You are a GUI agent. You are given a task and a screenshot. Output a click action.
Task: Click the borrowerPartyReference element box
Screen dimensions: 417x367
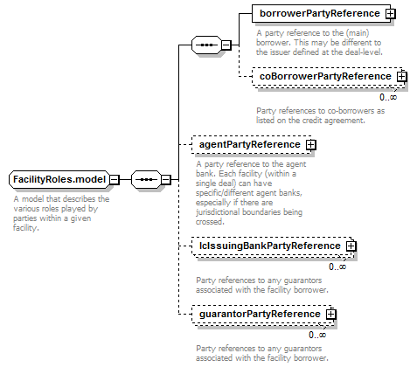(321, 13)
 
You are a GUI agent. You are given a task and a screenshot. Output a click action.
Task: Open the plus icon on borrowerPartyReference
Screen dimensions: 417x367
(390, 13)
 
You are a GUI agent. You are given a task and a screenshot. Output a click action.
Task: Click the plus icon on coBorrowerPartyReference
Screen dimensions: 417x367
(401, 76)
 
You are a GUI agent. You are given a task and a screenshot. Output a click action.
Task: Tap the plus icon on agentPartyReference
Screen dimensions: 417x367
(311, 144)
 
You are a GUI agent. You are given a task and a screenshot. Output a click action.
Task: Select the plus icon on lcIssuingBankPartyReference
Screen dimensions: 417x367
(351, 246)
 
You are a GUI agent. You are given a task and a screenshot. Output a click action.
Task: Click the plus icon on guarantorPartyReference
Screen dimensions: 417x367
(330, 314)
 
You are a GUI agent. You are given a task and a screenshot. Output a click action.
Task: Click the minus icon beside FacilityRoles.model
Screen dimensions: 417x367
(115, 179)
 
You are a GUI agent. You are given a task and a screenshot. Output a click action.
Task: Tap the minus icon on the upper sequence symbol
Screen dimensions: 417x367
(226, 45)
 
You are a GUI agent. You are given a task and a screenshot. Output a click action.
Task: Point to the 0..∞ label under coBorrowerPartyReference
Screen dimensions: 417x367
(388, 97)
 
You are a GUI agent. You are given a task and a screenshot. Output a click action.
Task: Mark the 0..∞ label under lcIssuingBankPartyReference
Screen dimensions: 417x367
(337, 267)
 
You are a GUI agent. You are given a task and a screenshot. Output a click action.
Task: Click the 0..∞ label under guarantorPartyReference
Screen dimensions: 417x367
(317, 335)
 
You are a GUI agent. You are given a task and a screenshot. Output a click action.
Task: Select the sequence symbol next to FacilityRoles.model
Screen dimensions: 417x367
(146, 179)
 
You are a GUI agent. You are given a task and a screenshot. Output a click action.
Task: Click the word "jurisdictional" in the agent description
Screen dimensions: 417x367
(220, 212)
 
